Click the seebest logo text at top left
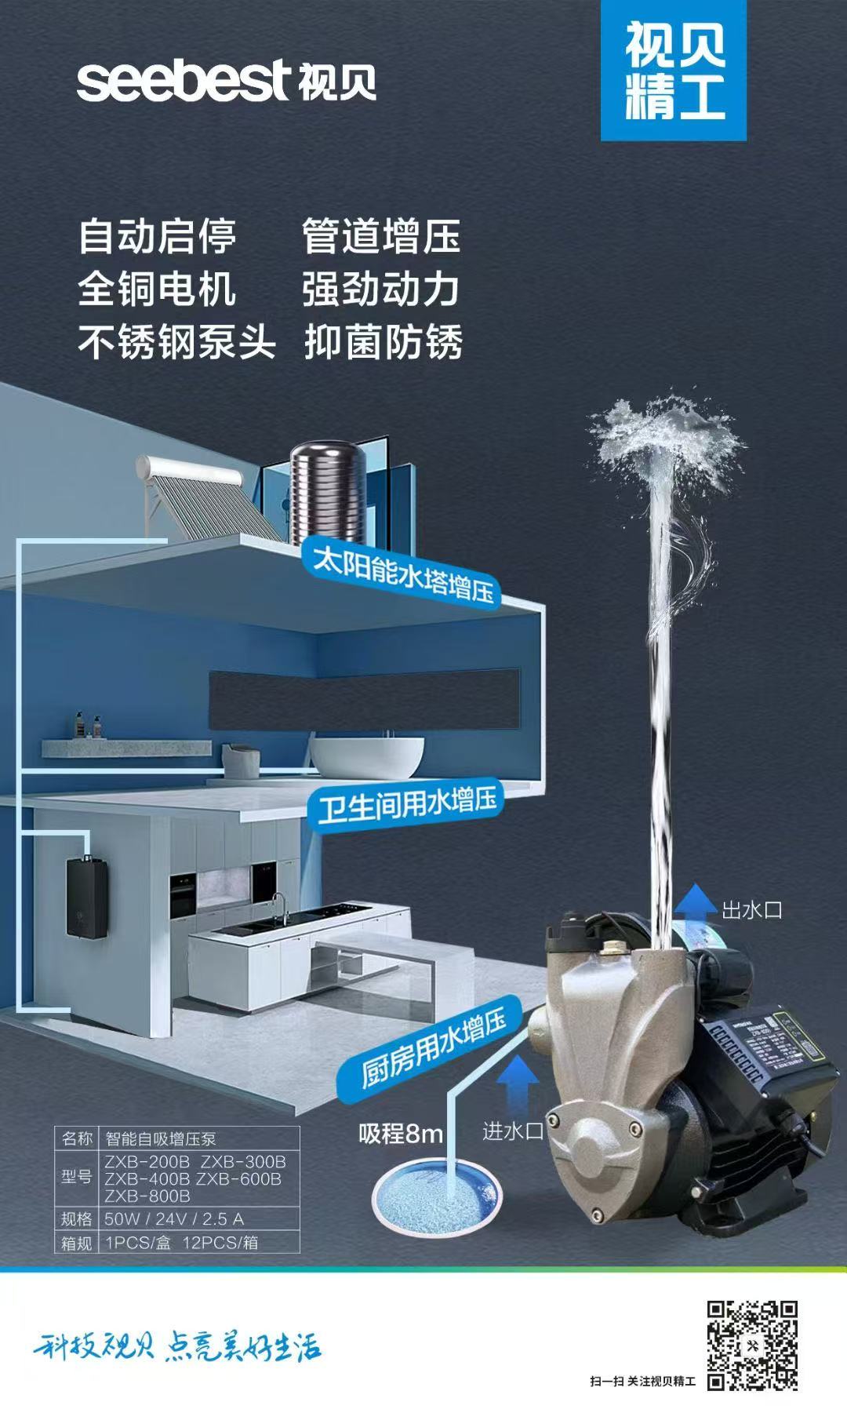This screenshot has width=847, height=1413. pyautogui.click(x=184, y=81)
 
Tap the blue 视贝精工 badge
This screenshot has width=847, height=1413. pyautogui.click(x=673, y=71)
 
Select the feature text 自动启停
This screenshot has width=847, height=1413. pyautogui.click(x=157, y=236)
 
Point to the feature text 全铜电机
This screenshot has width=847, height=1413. pyautogui.click(x=157, y=289)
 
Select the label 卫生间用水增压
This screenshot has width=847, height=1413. pyautogui.click(x=408, y=805)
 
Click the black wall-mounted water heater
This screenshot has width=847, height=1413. pyautogui.click(x=85, y=897)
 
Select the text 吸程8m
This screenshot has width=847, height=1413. pyautogui.click(x=401, y=1134)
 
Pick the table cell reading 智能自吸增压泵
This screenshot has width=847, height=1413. pyautogui.click(x=162, y=1138)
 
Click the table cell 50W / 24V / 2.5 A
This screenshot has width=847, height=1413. pyautogui.click(x=174, y=1218)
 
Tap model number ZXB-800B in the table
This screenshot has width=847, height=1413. pyautogui.click(x=147, y=1196)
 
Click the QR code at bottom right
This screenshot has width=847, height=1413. pyautogui.click(x=752, y=1345)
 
